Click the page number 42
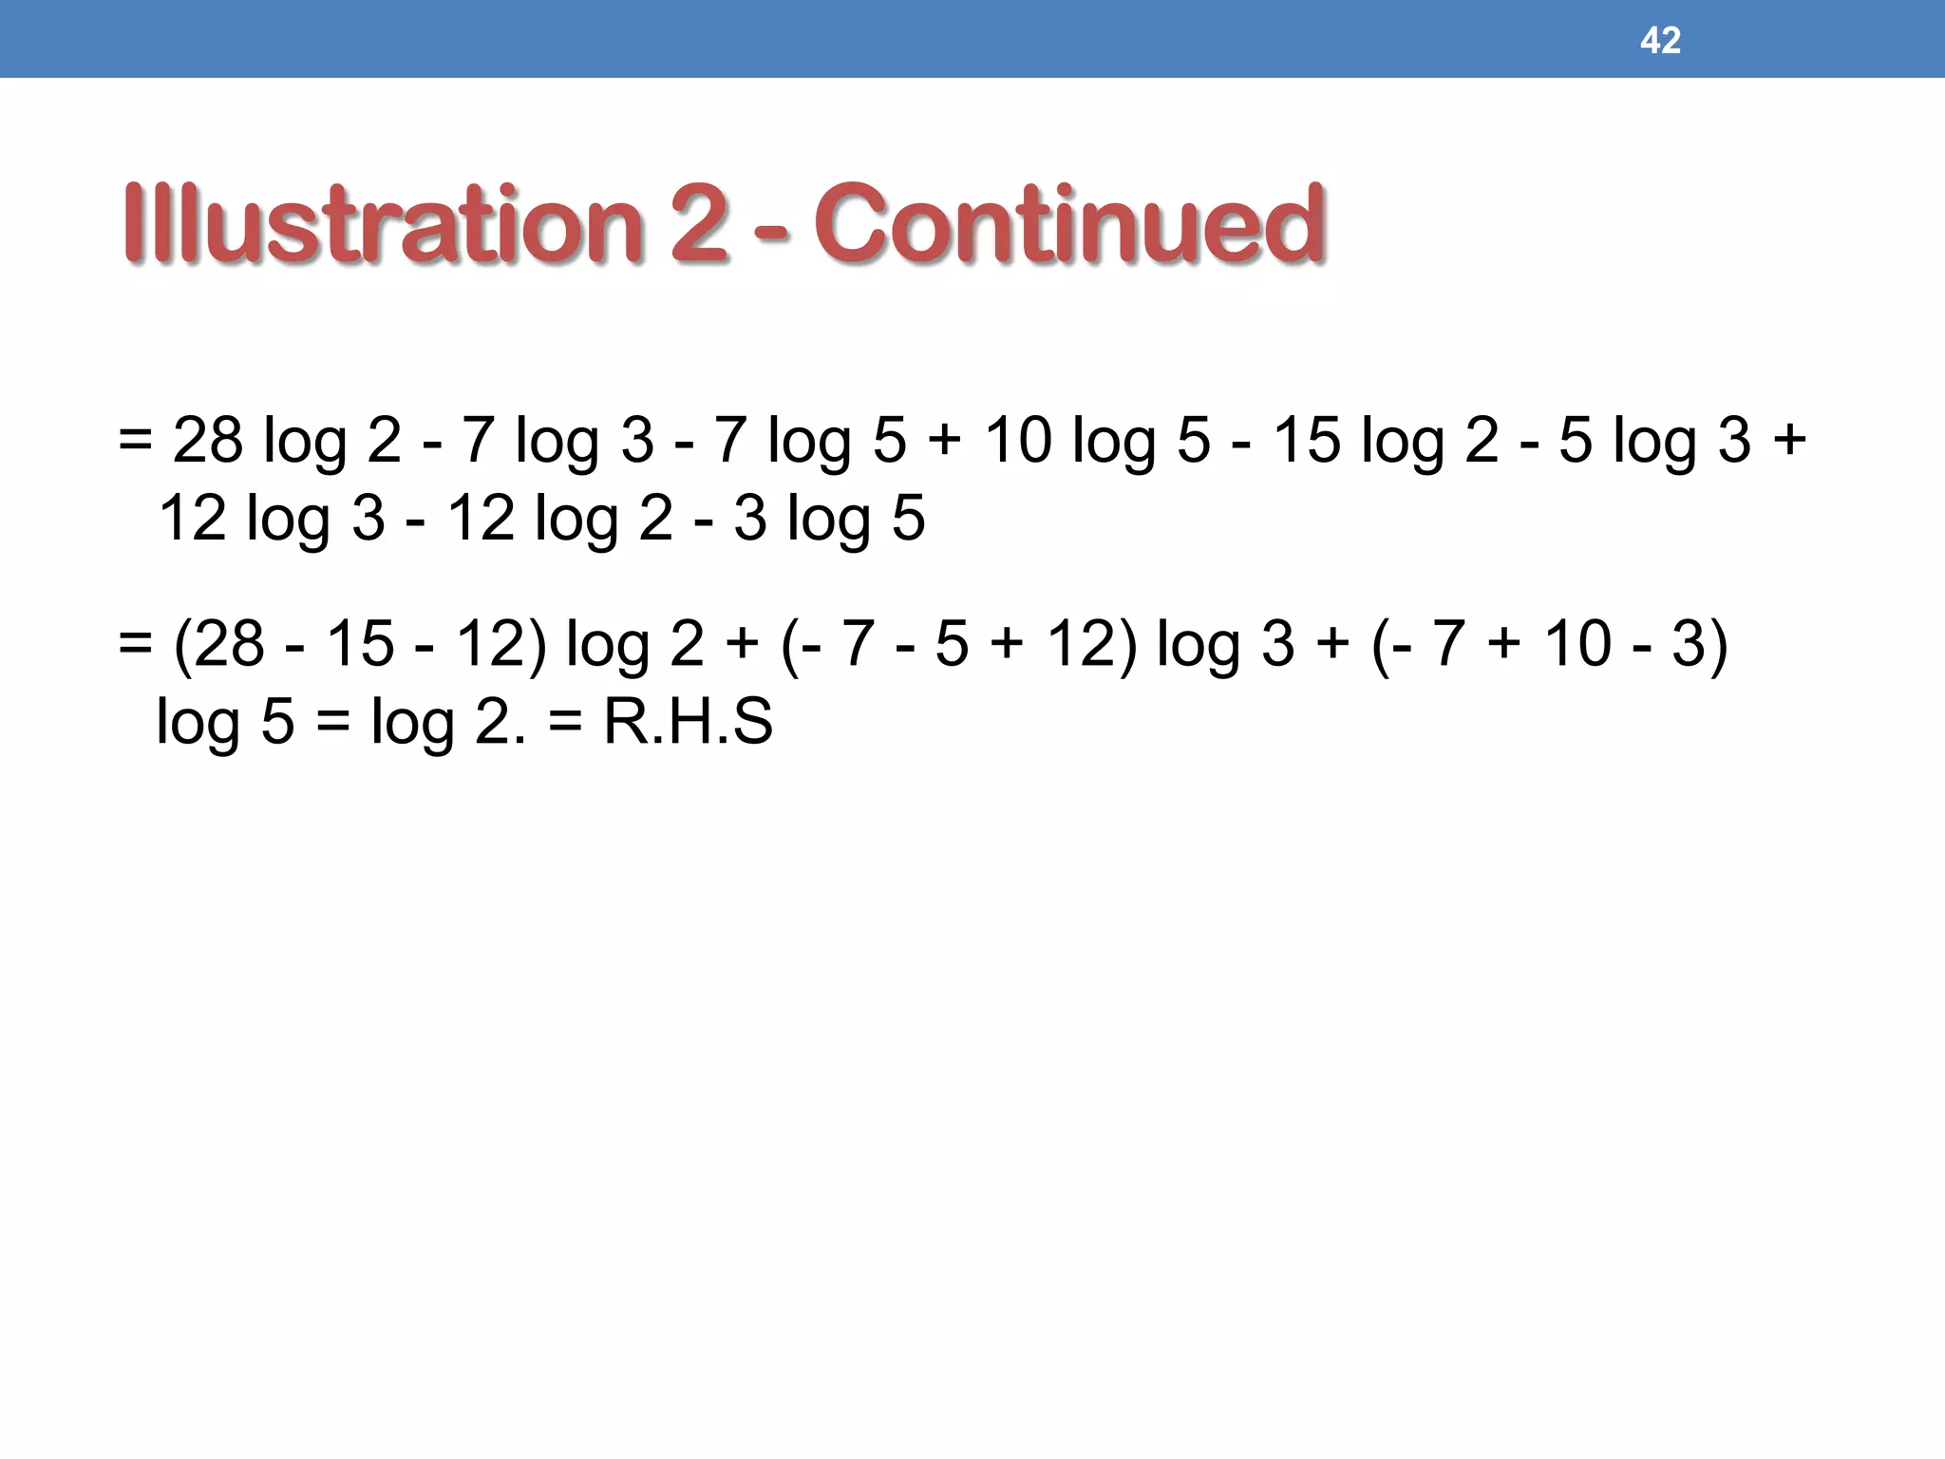[x=1660, y=41]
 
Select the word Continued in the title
[x=1068, y=224]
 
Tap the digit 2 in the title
[x=698, y=224]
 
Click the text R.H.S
[x=689, y=722]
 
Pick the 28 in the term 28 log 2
[x=208, y=441]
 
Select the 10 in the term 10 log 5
[x=1017, y=441]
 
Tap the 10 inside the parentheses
[x=1577, y=644]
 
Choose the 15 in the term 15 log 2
[x=1307, y=441]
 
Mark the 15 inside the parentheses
[x=359, y=644]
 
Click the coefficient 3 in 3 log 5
[x=750, y=519]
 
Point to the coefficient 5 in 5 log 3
[x=1576, y=441]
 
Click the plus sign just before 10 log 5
[x=944, y=441]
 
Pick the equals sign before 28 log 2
[x=136, y=441]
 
